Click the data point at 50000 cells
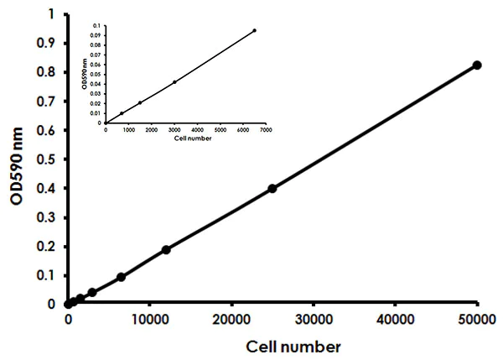pos(477,65)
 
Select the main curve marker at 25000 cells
pos(272,188)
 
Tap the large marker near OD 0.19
pos(166,249)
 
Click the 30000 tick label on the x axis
pos(314,319)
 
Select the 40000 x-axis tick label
pos(395,319)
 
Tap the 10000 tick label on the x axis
pos(149,319)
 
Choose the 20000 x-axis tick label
pos(231,319)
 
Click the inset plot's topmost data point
pos(254,30)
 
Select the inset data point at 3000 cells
pos(174,81)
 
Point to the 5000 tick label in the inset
pos(220,129)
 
